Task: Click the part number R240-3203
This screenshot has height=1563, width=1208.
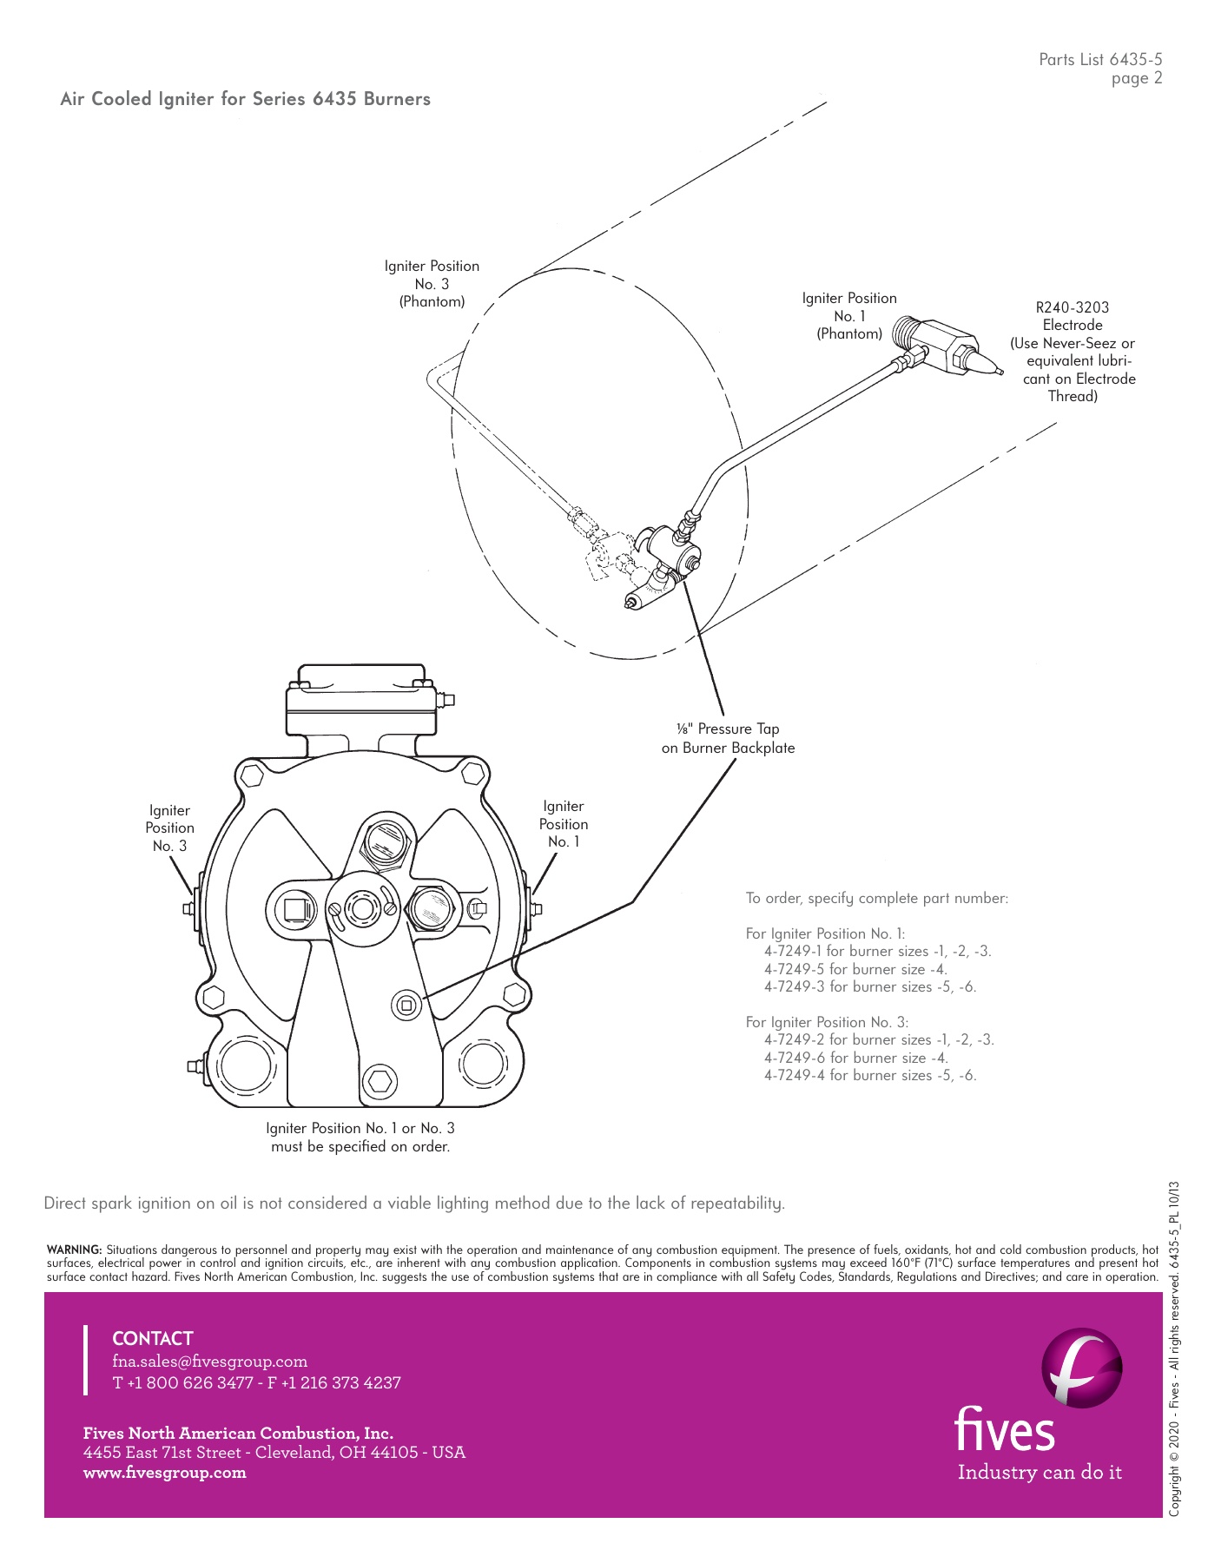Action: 1072,307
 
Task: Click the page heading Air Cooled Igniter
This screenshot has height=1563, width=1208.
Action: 245,99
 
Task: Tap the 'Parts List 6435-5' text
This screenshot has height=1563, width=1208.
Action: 1099,60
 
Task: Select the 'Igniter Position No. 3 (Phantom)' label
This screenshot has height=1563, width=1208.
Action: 432,284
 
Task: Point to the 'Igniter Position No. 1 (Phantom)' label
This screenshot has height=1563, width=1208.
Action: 848,316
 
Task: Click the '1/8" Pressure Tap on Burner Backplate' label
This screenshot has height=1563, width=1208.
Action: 728,739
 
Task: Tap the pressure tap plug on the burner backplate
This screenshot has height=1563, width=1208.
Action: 406,1005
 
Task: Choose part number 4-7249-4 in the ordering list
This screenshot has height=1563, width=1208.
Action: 795,1075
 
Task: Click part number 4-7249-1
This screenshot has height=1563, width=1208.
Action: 795,951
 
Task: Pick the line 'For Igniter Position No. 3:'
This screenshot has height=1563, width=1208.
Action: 827,1022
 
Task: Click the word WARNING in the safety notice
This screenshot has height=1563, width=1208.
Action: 74,1250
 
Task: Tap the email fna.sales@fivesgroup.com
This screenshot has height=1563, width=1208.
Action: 210,1362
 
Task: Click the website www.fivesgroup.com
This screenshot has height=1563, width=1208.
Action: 165,1473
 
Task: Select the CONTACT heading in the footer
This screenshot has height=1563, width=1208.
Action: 153,1339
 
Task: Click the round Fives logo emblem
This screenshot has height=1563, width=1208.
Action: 1081,1368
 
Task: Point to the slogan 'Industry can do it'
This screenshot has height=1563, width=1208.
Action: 1040,1473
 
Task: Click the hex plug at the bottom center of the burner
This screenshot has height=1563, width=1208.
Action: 380,1081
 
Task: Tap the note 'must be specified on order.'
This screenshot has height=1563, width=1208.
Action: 360,1147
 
